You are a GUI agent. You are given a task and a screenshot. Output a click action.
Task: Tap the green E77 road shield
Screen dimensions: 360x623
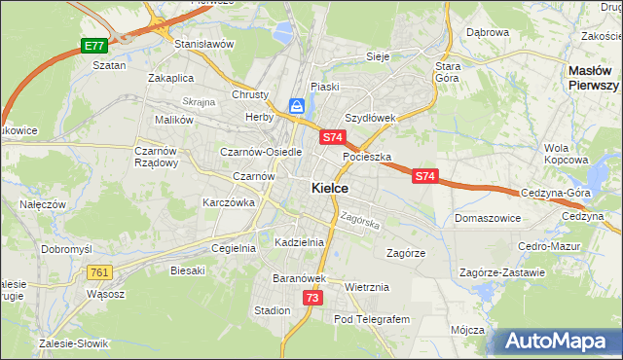pyautogui.click(x=93, y=46)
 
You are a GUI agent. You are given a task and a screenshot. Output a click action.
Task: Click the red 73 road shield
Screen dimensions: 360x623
pyautogui.click(x=311, y=298)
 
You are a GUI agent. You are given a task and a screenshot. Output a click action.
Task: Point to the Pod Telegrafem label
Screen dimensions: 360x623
pyautogui.click(x=372, y=319)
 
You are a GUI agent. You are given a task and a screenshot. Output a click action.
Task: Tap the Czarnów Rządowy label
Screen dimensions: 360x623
pyautogui.click(x=156, y=157)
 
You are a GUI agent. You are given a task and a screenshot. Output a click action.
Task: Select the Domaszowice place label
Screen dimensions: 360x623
pyautogui.click(x=486, y=219)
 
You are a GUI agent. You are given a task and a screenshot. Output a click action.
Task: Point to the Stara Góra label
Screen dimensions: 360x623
pyautogui.click(x=448, y=71)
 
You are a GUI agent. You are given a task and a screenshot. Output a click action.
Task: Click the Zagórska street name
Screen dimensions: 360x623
pyautogui.click(x=359, y=221)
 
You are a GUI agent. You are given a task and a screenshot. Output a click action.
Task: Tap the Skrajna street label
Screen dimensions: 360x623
pyautogui.click(x=198, y=102)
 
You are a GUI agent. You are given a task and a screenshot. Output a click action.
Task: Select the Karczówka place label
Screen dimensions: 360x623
pyautogui.click(x=228, y=202)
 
